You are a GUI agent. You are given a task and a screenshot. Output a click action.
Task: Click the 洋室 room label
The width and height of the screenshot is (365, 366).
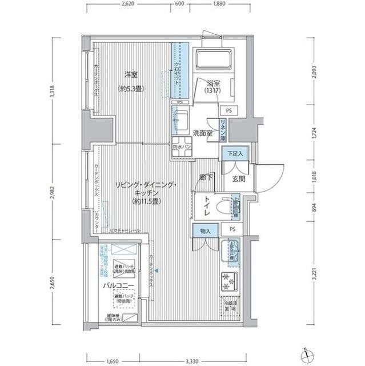tap(131, 74)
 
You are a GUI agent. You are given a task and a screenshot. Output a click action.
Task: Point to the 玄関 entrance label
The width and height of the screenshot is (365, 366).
tap(239, 178)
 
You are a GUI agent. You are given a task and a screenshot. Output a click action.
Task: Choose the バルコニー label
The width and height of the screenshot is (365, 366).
tap(118, 285)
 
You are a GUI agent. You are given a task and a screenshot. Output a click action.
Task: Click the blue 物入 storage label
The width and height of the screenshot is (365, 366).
tap(204, 230)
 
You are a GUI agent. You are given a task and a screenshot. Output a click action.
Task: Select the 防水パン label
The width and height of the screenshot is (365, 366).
tap(181, 146)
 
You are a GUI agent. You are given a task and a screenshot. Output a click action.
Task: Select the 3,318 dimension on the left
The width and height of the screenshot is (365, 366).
tap(52, 93)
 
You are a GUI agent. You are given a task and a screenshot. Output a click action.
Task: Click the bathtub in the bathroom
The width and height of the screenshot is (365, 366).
tap(213, 59)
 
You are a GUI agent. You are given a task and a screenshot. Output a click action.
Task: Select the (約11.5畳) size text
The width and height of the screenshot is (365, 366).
tap(147, 201)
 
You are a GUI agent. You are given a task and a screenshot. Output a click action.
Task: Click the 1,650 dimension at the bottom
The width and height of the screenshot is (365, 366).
tap(112, 361)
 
